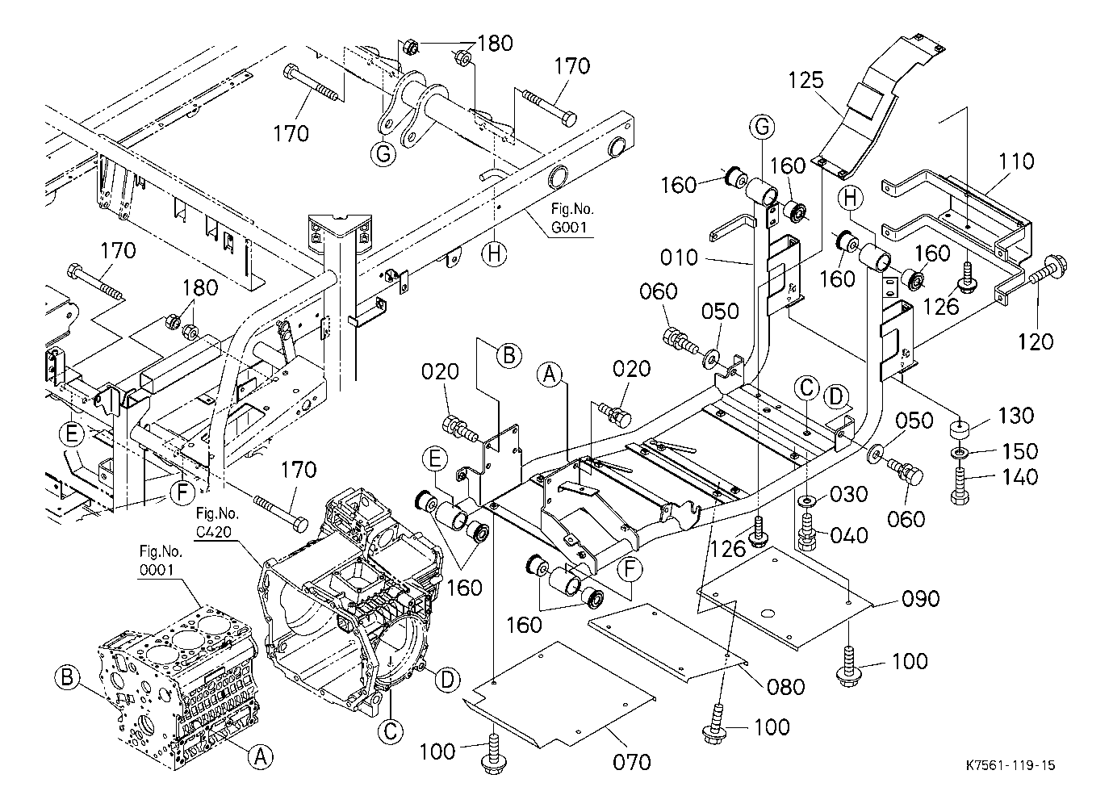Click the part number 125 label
click(x=806, y=81)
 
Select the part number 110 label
click(x=1015, y=162)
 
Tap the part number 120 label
click(x=1036, y=341)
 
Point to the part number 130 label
click(x=1015, y=416)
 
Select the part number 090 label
click(x=921, y=599)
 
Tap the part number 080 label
click(x=786, y=687)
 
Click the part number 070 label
click(x=632, y=760)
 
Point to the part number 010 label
click(x=677, y=258)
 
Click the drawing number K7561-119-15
click(x=1010, y=765)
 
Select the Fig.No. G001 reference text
click(x=571, y=220)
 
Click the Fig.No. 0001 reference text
click(x=161, y=561)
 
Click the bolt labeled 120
click(x=1048, y=270)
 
